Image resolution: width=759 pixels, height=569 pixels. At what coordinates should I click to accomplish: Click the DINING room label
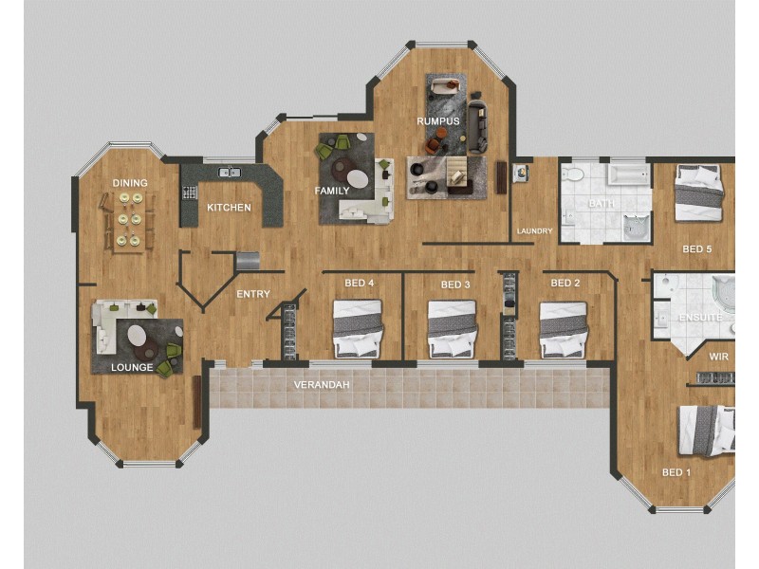pyautogui.click(x=130, y=183)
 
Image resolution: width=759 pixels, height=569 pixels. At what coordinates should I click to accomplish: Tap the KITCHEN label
pyautogui.click(x=229, y=208)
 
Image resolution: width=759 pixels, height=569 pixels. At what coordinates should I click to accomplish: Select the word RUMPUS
pyautogui.click(x=438, y=121)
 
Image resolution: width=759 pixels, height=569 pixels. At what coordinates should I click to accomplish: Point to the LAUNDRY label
pyautogui.click(x=534, y=231)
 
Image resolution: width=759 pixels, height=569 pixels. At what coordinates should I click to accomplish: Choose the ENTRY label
pyautogui.click(x=253, y=294)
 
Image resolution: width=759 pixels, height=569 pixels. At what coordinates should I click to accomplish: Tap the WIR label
pyautogui.click(x=718, y=357)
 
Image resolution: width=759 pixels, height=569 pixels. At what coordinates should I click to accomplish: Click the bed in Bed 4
pyautogui.click(x=357, y=328)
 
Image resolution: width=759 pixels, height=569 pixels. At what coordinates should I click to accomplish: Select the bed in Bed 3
pyautogui.click(x=451, y=329)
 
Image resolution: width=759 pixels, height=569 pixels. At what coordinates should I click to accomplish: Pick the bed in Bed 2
pyautogui.click(x=564, y=329)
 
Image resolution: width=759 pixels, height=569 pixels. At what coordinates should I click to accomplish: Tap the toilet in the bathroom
pyautogui.click(x=572, y=174)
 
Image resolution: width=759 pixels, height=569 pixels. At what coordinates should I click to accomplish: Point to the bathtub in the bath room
pyautogui.click(x=627, y=175)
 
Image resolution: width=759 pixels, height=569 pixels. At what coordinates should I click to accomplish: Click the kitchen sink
pyautogui.click(x=229, y=173)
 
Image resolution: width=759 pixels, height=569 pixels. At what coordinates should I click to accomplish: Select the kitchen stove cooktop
pyautogui.click(x=189, y=192)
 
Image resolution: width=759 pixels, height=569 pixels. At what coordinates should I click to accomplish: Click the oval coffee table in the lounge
pyautogui.click(x=139, y=337)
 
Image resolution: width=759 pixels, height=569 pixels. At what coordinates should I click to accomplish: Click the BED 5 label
pyautogui.click(x=696, y=249)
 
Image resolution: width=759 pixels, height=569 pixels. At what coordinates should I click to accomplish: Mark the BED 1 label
pyautogui.click(x=676, y=472)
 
